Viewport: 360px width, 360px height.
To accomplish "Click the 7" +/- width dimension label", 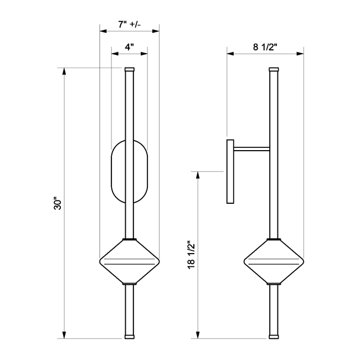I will (130, 24).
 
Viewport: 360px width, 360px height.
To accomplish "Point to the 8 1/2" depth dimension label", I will (265, 48).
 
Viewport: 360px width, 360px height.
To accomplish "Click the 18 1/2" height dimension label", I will (190, 255).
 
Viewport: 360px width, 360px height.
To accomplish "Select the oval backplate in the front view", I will (130, 172).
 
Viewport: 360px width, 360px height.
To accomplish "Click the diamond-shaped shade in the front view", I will (130, 261).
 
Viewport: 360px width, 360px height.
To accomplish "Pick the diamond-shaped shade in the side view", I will (274, 261).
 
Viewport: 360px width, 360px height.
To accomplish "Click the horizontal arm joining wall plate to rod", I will (251, 147).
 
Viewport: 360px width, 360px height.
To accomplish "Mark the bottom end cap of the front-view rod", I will (130, 336).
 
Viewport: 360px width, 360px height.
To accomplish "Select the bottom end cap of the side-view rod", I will (274, 336).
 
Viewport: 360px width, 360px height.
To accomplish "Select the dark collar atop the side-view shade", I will (274, 239).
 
